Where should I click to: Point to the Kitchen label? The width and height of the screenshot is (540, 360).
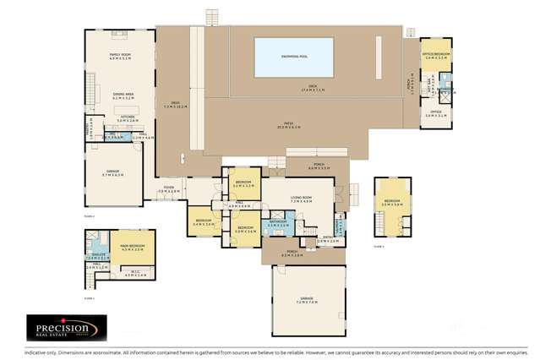pyautogui.click(x=127, y=119)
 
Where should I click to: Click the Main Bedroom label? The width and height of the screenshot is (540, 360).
pyautogui.click(x=133, y=246)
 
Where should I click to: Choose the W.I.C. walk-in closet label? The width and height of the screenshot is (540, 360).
pyautogui.click(x=135, y=273)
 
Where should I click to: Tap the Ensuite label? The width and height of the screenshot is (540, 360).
pyautogui.click(x=97, y=255)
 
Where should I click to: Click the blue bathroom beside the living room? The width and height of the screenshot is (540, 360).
pyautogui.click(x=278, y=225)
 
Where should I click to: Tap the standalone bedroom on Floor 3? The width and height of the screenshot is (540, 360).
pyautogui.click(x=392, y=203)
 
